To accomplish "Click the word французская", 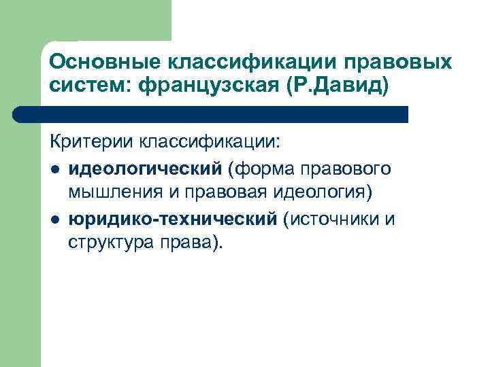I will [213, 87].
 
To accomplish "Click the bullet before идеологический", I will [54, 168].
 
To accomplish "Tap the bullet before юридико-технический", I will [54, 219].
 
